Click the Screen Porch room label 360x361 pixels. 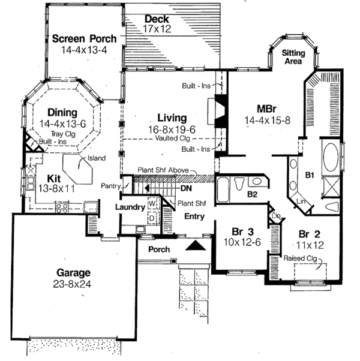[84, 40]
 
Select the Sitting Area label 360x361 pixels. [292, 57]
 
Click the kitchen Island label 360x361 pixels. [96, 158]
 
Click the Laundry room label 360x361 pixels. [131, 207]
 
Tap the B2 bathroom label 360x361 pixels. [252, 194]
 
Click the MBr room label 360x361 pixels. [266, 110]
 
